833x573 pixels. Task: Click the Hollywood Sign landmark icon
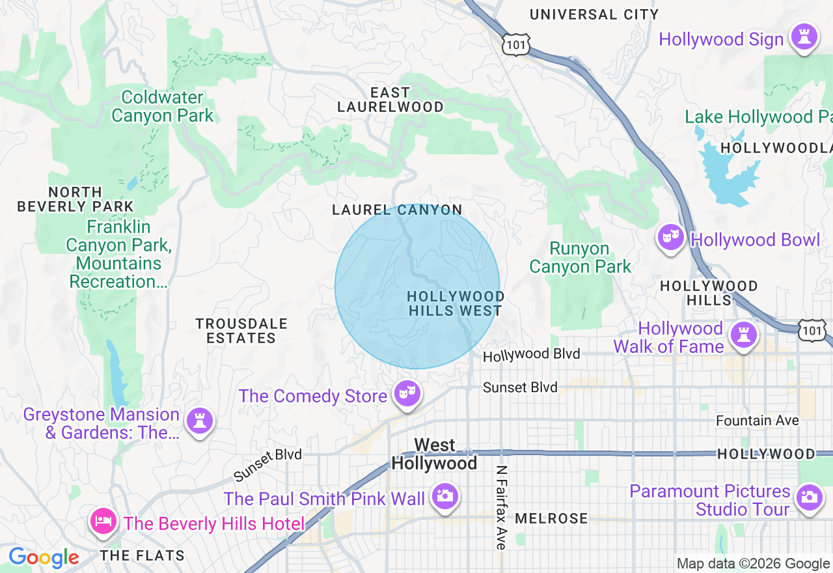click(x=804, y=38)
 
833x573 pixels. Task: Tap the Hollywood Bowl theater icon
click(x=670, y=238)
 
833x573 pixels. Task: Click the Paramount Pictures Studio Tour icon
click(x=808, y=498)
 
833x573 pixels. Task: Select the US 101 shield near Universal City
click(x=516, y=44)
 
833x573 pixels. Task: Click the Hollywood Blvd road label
click(x=531, y=355)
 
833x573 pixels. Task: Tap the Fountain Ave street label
click(x=757, y=421)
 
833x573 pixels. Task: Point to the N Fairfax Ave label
click(x=500, y=507)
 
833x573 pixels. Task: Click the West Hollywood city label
click(x=434, y=454)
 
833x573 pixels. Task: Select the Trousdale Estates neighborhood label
click(x=241, y=331)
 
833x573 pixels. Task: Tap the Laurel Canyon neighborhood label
click(x=397, y=210)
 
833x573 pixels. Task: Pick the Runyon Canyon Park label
click(x=580, y=257)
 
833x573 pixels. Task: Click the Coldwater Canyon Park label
click(x=162, y=107)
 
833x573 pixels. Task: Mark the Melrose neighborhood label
click(x=551, y=519)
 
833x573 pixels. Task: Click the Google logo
click(x=44, y=558)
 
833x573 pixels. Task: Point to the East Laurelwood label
click(x=390, y=100)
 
